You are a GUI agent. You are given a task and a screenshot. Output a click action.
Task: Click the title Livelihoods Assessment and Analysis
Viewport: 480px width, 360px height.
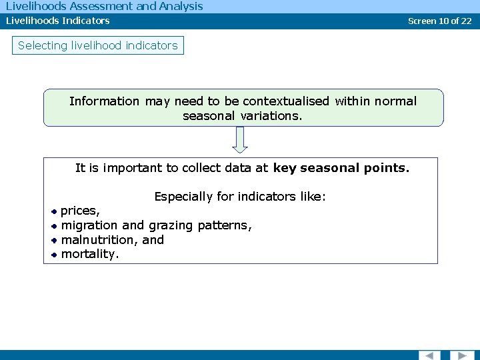pos(104,7)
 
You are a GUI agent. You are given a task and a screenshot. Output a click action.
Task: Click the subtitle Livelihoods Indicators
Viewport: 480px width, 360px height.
pos(58,21)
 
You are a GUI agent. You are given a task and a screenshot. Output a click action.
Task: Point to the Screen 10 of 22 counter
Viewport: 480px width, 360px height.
pos(439,21)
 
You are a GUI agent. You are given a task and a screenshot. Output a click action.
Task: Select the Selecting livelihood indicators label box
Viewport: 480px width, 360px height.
pos(98,45)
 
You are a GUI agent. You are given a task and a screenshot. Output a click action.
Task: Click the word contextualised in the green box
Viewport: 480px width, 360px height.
pos(286,101)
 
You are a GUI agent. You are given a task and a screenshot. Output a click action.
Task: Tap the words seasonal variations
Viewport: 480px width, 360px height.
pos(242,116)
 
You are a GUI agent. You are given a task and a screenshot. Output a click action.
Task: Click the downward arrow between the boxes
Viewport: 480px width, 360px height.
pos(241,140)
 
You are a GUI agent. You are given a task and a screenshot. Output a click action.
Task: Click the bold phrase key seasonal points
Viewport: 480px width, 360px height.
pos(341,168)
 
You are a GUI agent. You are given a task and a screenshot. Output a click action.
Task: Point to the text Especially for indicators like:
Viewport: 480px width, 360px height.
pos(240,197)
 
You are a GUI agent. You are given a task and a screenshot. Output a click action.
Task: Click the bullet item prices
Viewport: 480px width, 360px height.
pos(80,211)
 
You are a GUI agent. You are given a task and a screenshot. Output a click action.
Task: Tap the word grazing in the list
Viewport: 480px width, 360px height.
pos(169,225)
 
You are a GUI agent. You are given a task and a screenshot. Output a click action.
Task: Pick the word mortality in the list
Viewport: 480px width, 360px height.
pos(89,254)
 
